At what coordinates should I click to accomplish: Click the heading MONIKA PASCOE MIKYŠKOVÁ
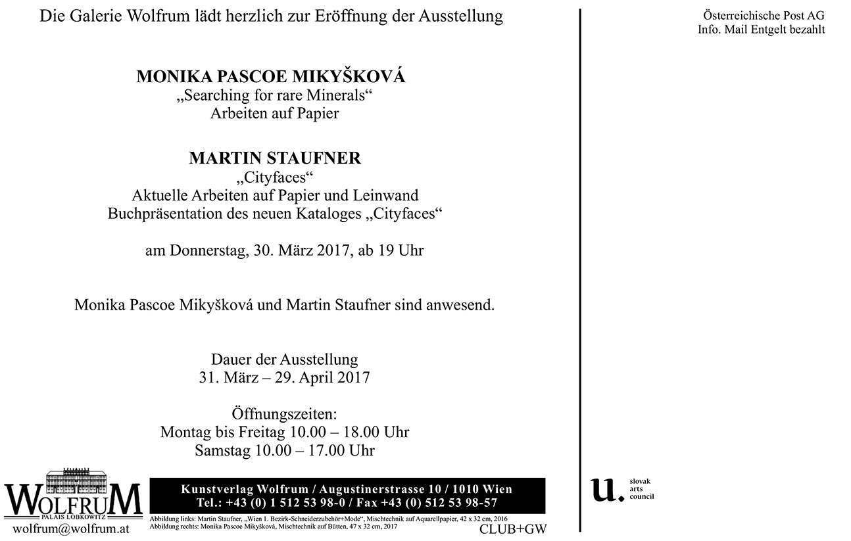click(271, 77)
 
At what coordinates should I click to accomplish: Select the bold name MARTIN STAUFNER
click(275, 158)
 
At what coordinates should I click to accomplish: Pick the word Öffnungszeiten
click(284, 415)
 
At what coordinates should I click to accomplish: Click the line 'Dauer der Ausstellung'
click(284, 360)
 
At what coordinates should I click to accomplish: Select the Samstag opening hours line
click(284, 450)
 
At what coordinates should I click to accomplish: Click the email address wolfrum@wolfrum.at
click(71, 529)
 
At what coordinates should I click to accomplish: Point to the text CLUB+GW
click(504, 529)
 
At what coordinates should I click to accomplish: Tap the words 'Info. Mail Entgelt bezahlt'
click(762, 30)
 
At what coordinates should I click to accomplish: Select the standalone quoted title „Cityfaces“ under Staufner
click(275, 177)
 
